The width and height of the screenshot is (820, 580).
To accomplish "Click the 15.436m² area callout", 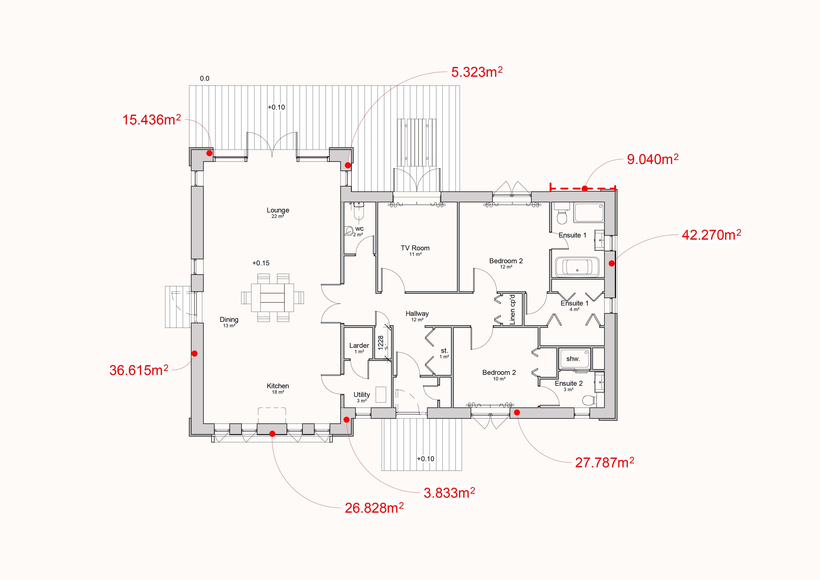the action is click(x=152, y=120).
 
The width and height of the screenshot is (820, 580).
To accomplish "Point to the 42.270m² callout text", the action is click(x=711, y=235).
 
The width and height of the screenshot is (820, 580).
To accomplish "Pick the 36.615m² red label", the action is click(x=139, y=370).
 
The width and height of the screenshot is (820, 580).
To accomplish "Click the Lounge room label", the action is click(x=278, y=210).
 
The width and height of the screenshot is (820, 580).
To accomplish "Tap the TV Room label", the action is click(x=415, y=248).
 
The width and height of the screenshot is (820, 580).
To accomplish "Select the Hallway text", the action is click(x=417, y=313).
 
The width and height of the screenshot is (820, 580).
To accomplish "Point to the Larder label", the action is click(x=359, y=345).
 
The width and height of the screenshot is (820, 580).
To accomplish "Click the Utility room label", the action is click(x=362, y=395).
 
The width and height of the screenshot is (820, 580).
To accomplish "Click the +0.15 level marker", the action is click(x=261, y=263).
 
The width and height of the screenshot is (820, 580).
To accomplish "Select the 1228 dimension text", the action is click(x=381, y=342).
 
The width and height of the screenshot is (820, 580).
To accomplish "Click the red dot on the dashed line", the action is click(x=585, y=188).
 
